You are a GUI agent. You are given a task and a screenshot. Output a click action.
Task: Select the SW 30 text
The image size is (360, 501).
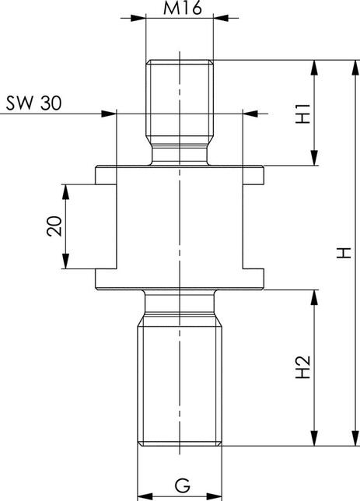34,103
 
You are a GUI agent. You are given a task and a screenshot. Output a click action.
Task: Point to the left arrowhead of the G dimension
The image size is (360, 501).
144,493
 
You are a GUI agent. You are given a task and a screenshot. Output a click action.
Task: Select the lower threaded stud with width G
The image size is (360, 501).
180,381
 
